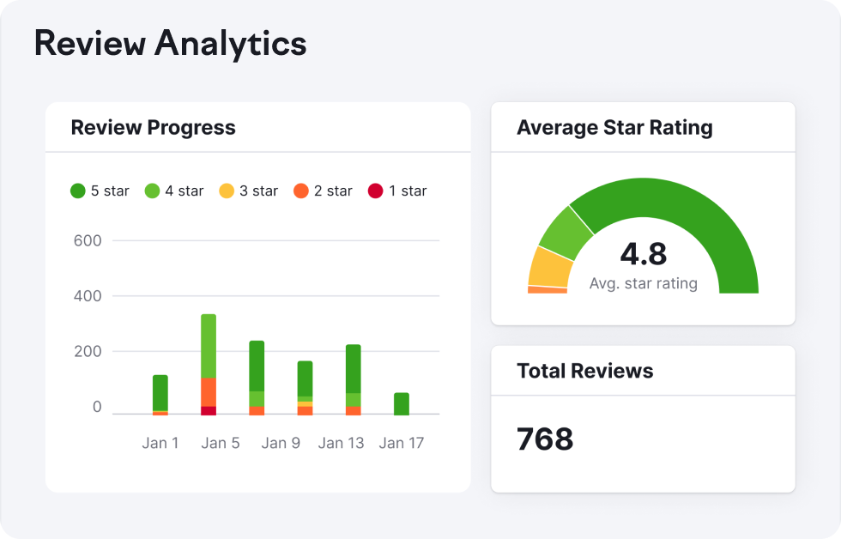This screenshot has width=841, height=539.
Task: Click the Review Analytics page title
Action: coord(170,43)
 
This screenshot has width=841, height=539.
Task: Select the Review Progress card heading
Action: coord(153,128)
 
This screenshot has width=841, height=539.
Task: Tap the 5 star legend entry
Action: coord(100,191)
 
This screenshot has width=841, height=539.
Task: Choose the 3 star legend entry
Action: coord(249,191)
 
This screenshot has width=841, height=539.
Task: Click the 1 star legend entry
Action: coord(397,191)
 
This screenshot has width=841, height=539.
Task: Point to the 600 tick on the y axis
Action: coord(88,241)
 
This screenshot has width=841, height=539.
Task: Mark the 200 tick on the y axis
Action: coord(88,352)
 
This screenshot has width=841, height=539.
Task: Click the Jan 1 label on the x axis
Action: coord(160,443)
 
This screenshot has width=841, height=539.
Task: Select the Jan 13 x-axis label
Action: coord(342,443)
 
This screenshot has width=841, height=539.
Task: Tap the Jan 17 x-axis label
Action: coord(402,443)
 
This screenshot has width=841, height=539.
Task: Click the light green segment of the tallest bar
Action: coord(209,345)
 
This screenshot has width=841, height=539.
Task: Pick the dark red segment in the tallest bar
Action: coord(209,410)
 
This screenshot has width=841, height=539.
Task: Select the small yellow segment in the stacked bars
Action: coord(305,403)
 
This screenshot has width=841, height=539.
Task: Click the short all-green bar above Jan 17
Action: coord(402,404)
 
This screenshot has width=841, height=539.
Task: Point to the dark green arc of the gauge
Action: coord(687,215)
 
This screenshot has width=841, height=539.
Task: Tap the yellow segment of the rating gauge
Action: coord(549,268)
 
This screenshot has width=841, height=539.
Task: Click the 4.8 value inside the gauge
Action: coord(643,254)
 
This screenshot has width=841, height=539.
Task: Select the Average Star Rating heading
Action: coord(614,128)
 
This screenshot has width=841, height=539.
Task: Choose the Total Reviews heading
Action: coord(584,371)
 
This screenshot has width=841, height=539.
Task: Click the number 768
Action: coord(545,439)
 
